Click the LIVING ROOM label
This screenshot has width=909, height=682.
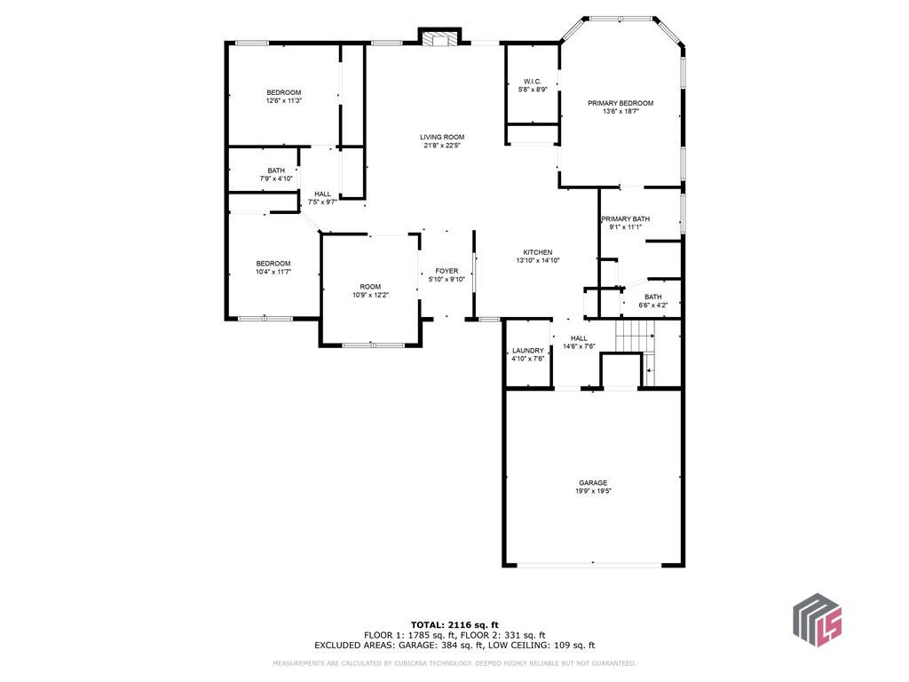442,137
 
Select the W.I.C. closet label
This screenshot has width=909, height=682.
533,82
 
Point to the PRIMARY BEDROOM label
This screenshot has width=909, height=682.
620,103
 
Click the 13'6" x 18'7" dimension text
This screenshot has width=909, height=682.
620,112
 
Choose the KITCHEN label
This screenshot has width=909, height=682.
537,252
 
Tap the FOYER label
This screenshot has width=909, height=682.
447,271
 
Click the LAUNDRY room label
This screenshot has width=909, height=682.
527,351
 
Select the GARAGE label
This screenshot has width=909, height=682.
593,483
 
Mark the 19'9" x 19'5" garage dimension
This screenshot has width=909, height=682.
593,492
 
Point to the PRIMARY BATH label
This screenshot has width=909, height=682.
625,218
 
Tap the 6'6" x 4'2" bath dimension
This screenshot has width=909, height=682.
652,305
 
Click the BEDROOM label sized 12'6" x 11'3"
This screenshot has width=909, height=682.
284,92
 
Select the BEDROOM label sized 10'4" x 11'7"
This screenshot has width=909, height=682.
273,263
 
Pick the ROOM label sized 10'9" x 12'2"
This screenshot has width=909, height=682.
370,286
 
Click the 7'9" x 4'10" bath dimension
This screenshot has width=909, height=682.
277,179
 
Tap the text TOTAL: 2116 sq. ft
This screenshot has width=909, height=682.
454,624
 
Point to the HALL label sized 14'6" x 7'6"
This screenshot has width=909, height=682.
579,338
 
